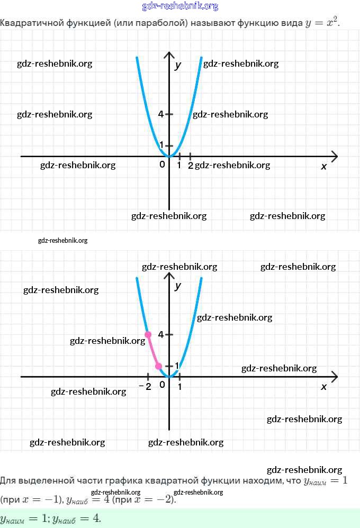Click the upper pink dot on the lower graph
[148, 334]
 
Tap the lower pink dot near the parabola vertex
[158, 366]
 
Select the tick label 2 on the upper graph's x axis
[191, 166]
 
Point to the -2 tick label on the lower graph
[146, 386]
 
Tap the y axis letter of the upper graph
[178, 65]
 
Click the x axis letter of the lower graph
[324, 387]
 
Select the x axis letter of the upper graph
[324, 166]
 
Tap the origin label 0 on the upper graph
[163, 165]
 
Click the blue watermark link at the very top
[180, 6]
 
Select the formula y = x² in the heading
[322, 23]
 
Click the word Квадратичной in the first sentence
[27, 23]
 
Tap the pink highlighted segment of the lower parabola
[152, 351]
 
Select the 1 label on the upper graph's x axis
[179, 166]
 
